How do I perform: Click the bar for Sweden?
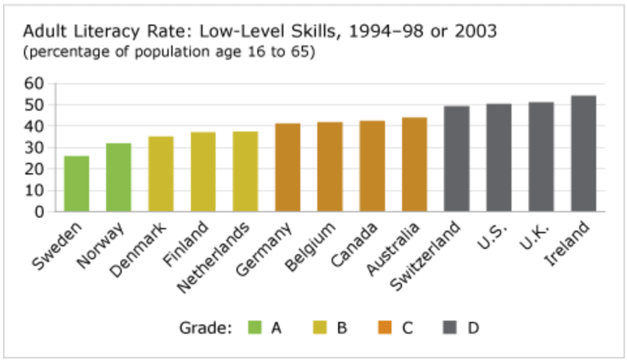coord(77,184)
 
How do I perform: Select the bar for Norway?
coord(119,178)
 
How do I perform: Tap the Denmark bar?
coord(161,174)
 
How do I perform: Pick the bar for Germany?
coord(288,168)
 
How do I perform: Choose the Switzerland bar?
coord(457,159)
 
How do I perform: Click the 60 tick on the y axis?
coord(36,83)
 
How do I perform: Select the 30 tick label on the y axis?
coord(36,148)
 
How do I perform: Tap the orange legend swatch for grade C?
coord(385,328)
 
